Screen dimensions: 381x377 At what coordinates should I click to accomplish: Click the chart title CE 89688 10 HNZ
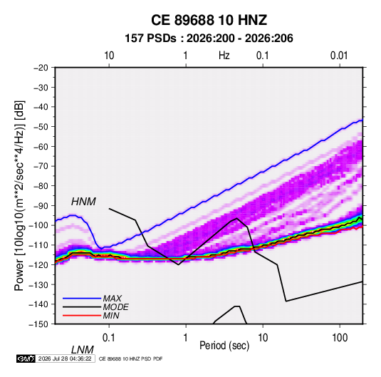click(209, 20)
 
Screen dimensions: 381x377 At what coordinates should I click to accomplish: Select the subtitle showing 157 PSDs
click(209, 38)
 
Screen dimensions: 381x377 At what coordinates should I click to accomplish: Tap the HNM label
click(83, 202)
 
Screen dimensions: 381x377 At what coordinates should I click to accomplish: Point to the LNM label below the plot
click(83, 350)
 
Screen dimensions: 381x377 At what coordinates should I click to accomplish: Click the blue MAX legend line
click(82, 299)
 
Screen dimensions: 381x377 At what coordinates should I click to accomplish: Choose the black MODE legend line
click(82, 307)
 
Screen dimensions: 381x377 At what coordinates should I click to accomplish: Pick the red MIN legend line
click(82, 316)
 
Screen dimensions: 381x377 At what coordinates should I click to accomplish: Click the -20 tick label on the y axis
click(41, 68)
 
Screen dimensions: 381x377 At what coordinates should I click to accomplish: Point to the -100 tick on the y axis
click(38, 225)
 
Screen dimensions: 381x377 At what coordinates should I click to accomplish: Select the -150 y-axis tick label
click(38, 324)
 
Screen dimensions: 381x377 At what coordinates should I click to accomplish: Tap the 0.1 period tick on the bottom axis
click(108, 338)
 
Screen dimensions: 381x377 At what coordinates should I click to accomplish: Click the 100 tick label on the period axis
click(340, 338)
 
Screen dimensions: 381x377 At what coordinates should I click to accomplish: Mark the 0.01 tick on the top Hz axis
click(339, 56)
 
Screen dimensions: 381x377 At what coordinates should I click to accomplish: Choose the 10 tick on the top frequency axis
click(109, 56)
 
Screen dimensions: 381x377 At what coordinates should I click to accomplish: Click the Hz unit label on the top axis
click(224, 56)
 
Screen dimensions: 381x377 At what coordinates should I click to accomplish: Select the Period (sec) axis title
click(224, 346)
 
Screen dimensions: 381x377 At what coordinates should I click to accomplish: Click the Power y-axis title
click(19, 196)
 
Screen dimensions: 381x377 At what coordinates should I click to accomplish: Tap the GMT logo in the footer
click(26, 358)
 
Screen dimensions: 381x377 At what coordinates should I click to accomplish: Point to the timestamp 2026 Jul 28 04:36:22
click(65, 358)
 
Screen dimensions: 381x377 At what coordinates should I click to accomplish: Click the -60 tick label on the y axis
click(41, 146)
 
